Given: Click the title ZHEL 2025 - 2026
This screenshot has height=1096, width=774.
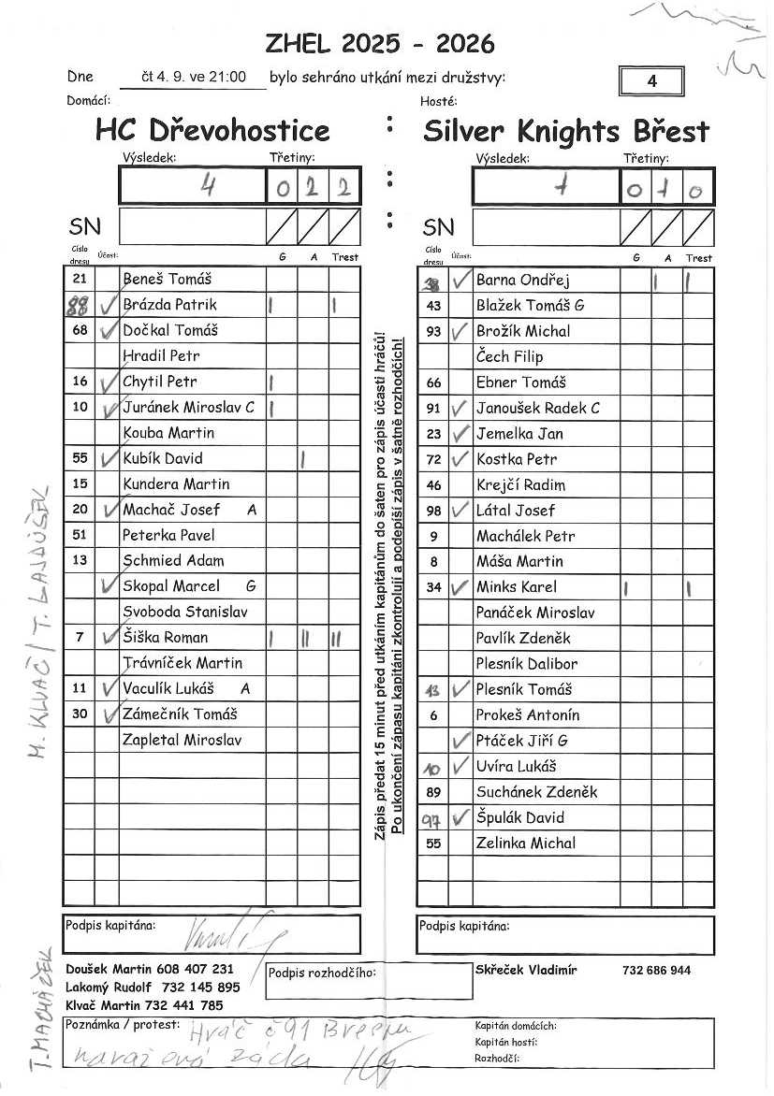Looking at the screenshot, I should point(380,44).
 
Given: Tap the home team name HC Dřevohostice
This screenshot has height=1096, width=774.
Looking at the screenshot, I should point(212,130).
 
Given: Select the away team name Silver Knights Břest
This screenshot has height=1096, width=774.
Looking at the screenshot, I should point(565,131).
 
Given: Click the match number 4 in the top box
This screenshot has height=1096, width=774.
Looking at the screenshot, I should point(651,81).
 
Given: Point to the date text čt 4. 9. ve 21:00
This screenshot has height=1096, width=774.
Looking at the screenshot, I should point(193,78).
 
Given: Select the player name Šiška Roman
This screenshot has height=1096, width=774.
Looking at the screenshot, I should point(165,638).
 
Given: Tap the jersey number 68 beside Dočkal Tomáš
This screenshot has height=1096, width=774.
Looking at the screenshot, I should point(80,330).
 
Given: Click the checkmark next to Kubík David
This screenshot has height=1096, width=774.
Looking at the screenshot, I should point(108,457).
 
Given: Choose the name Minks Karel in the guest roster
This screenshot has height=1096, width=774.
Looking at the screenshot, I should point(516,587).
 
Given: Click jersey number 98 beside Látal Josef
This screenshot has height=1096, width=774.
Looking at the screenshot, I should point(433,511).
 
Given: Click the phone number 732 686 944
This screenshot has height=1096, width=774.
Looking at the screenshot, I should point(656,970).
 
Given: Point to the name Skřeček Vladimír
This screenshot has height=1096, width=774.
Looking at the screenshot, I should point(526,970).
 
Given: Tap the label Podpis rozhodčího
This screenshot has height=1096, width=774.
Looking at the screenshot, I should point(321,973).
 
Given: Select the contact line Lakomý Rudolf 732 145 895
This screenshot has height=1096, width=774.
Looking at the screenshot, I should point(153,988).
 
